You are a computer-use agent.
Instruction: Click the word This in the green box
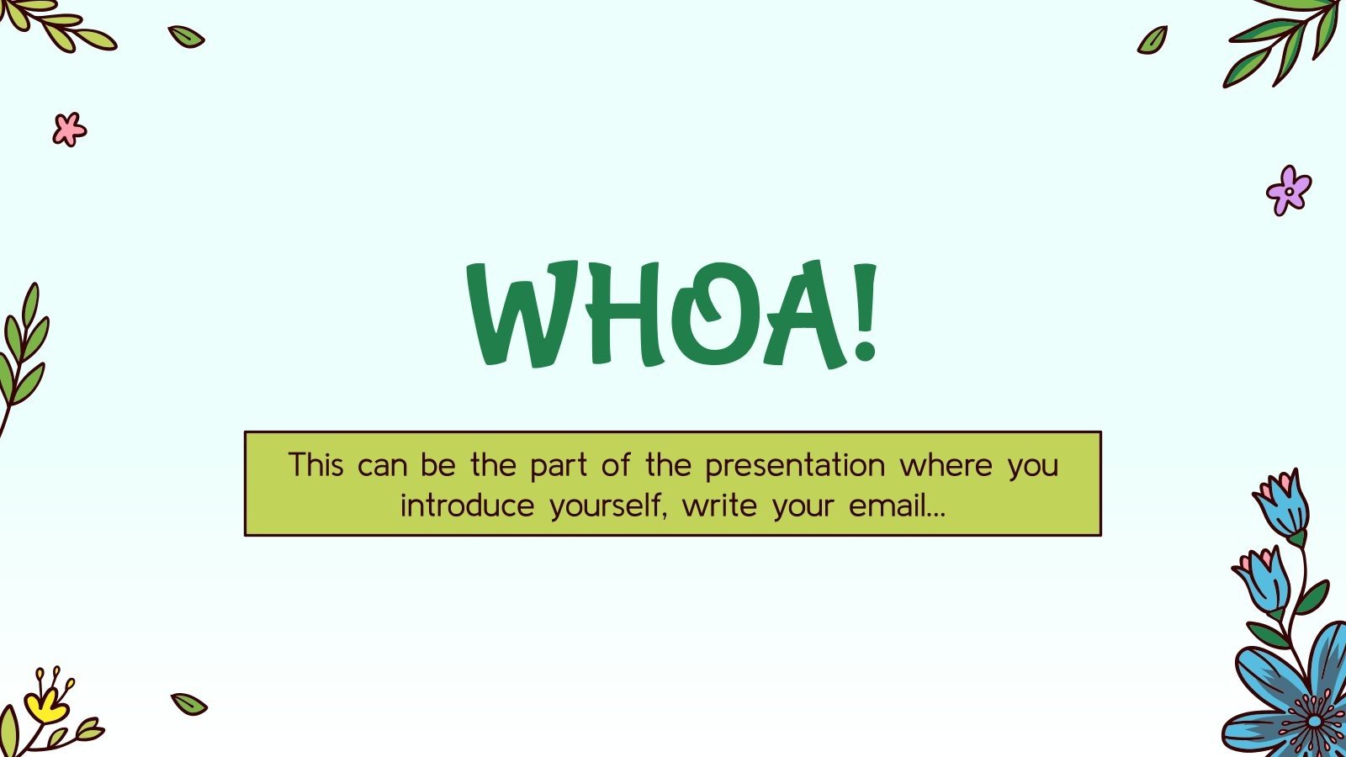click(315, 465)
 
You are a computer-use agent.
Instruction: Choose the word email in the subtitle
click(897, 506)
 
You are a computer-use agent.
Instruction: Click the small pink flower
click(69, 130)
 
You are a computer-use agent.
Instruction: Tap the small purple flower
click(1288, 190)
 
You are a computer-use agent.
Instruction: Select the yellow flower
click(46, 702)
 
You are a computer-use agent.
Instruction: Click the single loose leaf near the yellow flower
click(189, 704)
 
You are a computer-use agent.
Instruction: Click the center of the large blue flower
click(1314, 721)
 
